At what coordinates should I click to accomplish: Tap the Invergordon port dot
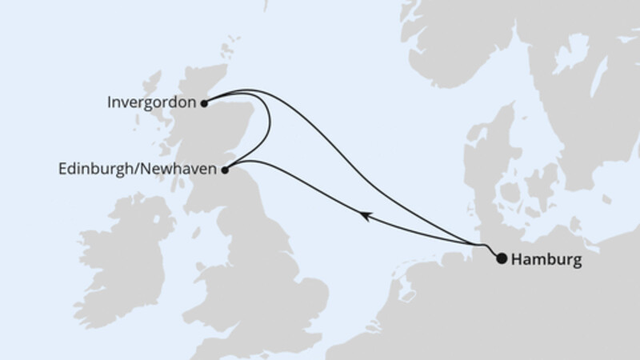[x=205, y=102]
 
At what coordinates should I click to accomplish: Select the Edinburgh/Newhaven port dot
[x=226, y=170]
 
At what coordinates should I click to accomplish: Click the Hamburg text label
[x=544, y=259]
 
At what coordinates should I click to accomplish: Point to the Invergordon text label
[x=151, y=102]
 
